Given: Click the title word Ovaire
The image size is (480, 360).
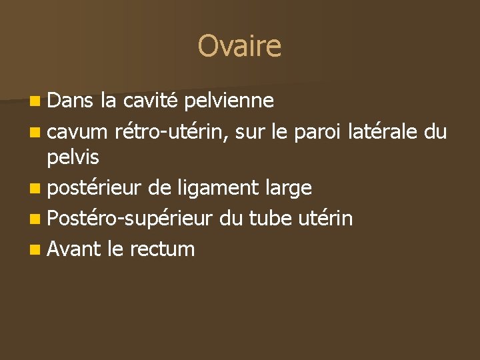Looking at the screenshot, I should click(239, 46).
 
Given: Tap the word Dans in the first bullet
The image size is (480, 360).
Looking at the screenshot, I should click(71, 100).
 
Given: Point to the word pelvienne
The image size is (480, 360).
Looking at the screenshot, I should click(228, 100).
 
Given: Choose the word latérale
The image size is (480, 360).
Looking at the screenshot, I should click(383, 132).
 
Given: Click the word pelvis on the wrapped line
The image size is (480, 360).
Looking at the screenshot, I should click(73, 158).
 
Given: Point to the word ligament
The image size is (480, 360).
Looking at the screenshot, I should click(214, 189).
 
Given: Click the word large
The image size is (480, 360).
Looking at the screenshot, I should click(287, 189).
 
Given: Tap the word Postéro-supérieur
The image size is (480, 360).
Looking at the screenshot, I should click(130, 219).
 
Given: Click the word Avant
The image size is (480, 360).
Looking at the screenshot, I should click(73, 249).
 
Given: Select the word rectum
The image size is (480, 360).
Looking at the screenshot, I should click(162, 250).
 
